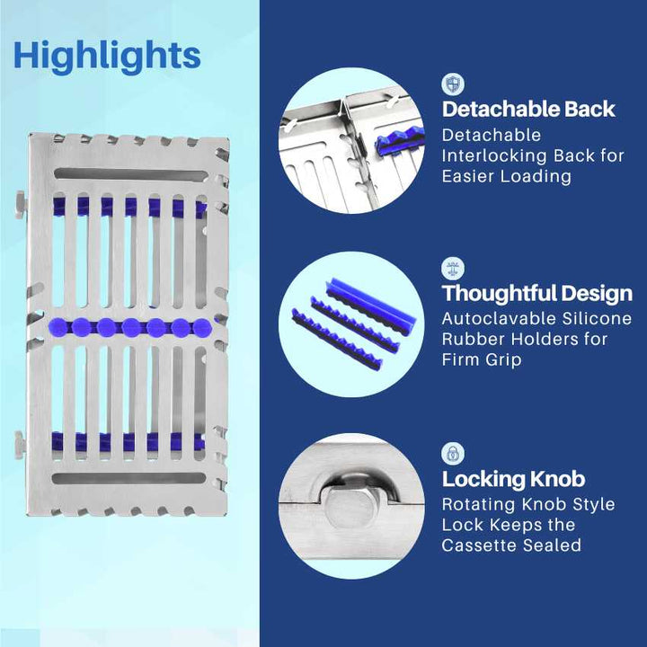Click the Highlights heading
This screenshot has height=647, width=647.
107,56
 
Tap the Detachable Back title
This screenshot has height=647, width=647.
528,110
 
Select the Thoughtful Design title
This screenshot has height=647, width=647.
536,294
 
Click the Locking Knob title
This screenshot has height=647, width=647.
513,479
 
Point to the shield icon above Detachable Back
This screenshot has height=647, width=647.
453,84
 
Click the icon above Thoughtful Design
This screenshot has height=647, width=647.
453,268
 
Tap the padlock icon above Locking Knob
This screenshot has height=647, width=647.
453,453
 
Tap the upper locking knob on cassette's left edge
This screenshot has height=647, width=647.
20,200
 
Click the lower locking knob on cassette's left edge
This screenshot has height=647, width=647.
20,442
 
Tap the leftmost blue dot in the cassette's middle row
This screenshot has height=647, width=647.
61,323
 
